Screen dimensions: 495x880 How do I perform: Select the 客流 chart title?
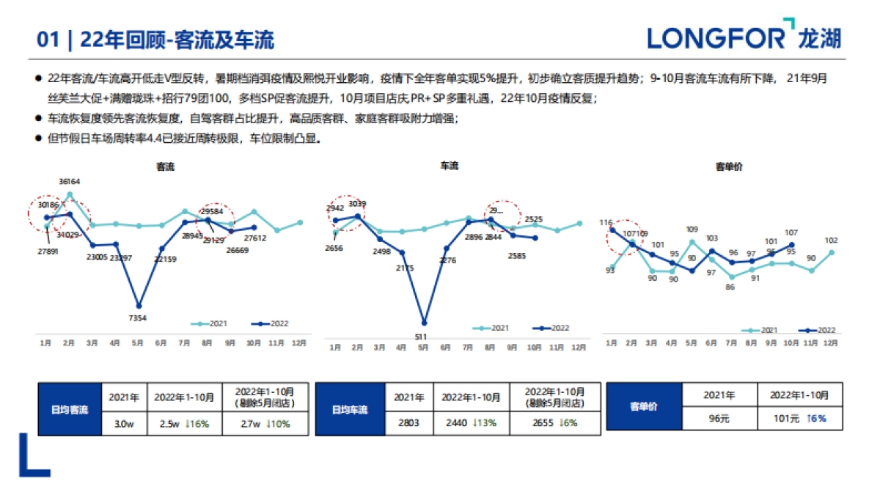point(166,166)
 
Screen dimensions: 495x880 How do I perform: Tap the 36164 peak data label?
point(70,181)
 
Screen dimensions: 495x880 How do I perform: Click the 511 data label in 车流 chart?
point(422,337)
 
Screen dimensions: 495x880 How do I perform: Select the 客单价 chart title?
point(729,166)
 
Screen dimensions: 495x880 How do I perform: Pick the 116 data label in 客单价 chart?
point(606,222)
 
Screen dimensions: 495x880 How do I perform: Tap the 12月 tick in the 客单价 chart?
point(830,343)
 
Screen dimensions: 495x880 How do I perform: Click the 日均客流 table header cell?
point(68,410)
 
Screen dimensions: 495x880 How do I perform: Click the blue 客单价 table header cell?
point(645,406)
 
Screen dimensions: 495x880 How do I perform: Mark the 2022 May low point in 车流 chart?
point(424,323)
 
